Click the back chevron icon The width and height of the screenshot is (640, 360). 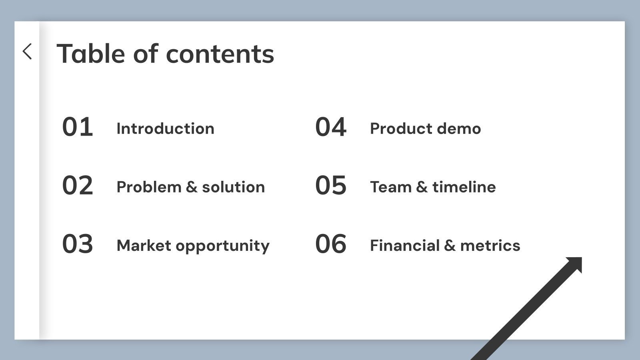[x=27, y=52]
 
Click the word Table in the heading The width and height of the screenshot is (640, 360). [x=91, y=54]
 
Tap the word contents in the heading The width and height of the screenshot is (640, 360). [x=220, y=54]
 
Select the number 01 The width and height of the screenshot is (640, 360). [x=78, y=127]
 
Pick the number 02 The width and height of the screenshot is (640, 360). [x=78, y=186]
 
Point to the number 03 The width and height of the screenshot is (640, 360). [x=78, y=244]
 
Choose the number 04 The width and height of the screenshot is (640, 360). [x=331, y=127]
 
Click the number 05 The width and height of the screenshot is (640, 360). [x=331, y=186]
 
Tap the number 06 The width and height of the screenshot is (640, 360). [x=331, y=244]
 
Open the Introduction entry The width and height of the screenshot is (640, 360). [x=165, y=129]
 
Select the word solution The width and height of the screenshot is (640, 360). [x=233, y=187]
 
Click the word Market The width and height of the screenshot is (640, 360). [x=144, y=246]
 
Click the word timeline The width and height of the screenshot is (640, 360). [x=464, y=187]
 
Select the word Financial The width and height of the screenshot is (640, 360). [x=405, y=246]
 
